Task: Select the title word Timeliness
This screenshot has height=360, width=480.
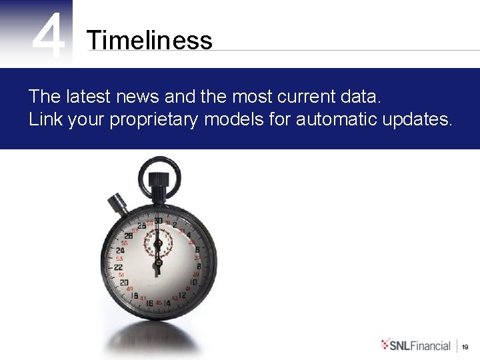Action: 149,41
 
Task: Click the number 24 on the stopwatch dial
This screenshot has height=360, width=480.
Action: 120,251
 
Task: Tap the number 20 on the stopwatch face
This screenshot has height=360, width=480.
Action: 124,282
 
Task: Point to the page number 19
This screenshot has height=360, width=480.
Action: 465,347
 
